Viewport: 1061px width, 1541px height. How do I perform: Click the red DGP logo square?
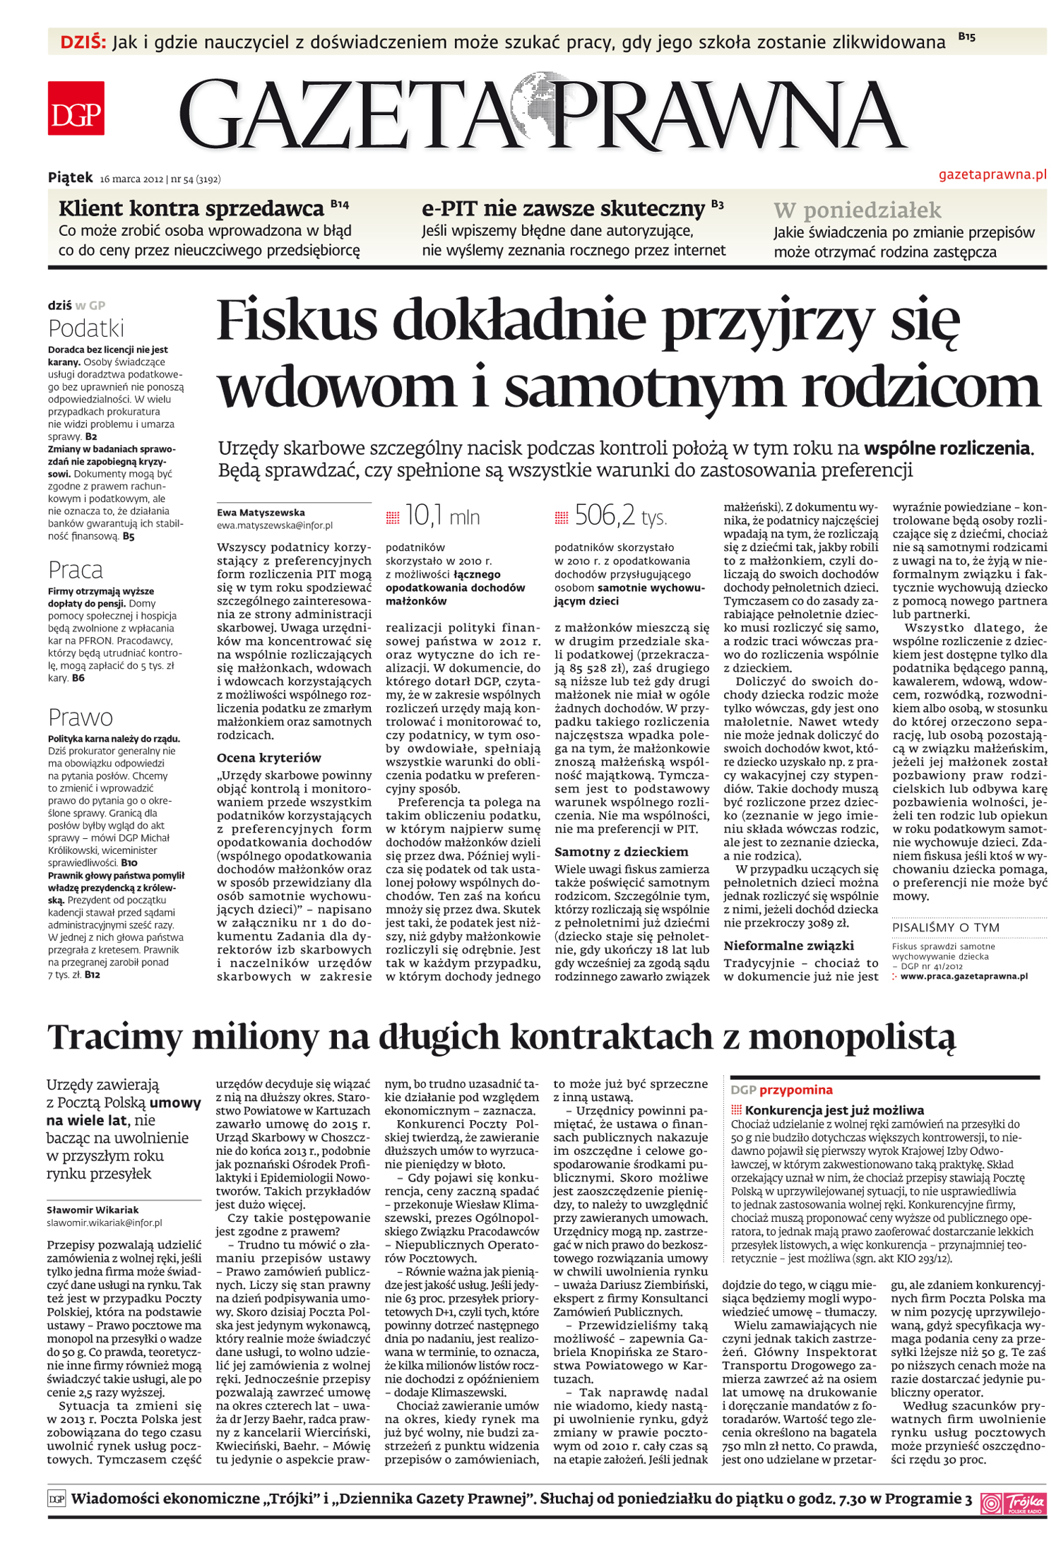(76, 108)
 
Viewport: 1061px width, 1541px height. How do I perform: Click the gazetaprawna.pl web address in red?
(992, 174)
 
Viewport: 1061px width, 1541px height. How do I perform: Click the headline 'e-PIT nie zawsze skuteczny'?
(563, 209)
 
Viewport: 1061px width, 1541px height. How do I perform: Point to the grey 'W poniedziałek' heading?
(857, 210)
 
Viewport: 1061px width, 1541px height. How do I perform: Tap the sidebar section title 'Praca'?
(75, 570)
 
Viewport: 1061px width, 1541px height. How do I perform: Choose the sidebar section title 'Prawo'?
(80, 718)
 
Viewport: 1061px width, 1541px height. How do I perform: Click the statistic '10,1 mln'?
(442, 517)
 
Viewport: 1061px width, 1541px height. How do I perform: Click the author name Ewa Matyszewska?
(261, 513)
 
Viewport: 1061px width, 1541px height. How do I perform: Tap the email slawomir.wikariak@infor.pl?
(104, 1222)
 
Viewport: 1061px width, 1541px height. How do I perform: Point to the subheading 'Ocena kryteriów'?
(268, 758)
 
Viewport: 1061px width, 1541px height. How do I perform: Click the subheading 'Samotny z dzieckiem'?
(620, 852)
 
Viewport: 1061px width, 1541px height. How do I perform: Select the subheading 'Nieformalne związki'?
(788, 946)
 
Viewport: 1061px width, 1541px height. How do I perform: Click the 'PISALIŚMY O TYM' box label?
(945, 927)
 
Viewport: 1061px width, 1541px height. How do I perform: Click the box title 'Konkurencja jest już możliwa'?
(834, 1110)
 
